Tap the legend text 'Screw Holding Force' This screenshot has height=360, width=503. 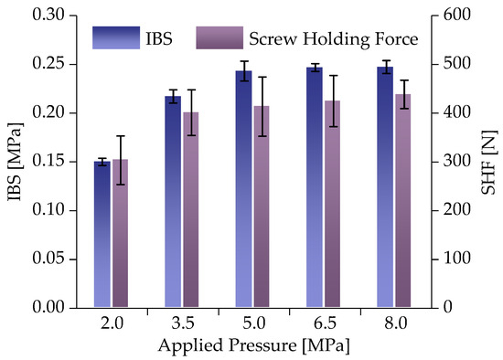pos(333,39)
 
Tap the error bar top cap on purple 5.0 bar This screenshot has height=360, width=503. pos(262,77)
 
